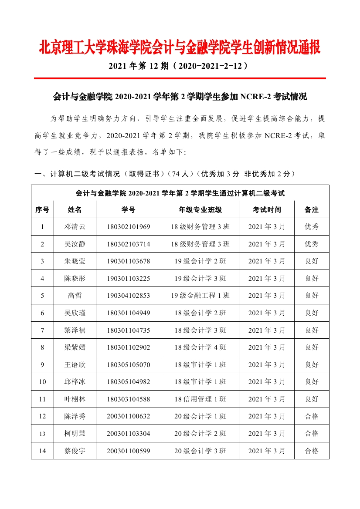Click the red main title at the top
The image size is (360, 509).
(x=180, y=47)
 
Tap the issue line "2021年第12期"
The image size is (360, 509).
(x=180, y=66)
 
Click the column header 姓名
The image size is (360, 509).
(x=75, y=210)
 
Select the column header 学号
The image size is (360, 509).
(x=128, y=210)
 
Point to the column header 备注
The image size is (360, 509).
(x=311, y=210)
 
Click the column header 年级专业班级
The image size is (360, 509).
(x=200, y=210)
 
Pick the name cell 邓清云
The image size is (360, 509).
(x=75, y=227)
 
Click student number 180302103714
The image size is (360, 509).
(x=128, y=244)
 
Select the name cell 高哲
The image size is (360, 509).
(x=75, y=296)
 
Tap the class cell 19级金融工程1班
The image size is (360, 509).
(x=200, y=296)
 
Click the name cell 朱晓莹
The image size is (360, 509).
(x=75, y=261)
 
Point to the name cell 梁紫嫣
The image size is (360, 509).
(x=75, y=347)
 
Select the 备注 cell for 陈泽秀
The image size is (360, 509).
(x=311, y=416)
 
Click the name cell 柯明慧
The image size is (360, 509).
(x=75, y=434)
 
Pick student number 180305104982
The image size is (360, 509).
(x=128, y=382)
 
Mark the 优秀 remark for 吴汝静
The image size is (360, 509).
(x=311, y=244)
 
